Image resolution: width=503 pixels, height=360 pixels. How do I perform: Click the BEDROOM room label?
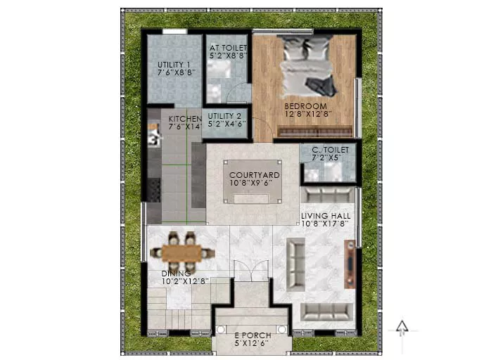coord(305,105)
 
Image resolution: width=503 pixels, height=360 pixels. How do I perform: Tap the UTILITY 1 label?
coord(174,65)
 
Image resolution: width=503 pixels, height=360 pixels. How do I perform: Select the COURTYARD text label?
coord(255,175)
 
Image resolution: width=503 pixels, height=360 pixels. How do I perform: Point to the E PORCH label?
coord(253,335)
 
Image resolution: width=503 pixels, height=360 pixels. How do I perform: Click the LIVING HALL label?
coord(326,216)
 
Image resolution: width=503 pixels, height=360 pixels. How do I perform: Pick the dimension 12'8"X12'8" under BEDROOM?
coord(308,114)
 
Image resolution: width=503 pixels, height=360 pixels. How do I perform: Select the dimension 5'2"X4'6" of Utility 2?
coord(227,124)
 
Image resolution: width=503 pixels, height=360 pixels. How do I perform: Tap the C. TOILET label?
coord(330,150)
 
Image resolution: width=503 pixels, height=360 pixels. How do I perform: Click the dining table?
coord(182,253)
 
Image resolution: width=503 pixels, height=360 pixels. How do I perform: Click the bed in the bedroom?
coord(307,67)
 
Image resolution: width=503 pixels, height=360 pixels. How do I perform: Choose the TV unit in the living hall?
coord(350,264)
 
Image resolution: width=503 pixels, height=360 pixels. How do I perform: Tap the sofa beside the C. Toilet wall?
coord(327,195)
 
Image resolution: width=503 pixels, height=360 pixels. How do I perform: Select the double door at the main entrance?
coord(251,271)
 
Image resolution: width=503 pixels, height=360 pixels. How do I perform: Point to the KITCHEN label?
coord(185,119)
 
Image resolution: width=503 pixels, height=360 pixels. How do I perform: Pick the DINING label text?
coord(176,274)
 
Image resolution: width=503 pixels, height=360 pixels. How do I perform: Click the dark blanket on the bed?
coord(321,86)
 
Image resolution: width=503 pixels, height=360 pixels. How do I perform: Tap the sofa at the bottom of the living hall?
coord(326,312)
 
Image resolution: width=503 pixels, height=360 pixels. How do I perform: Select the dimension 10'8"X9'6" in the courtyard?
coord(251,183)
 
